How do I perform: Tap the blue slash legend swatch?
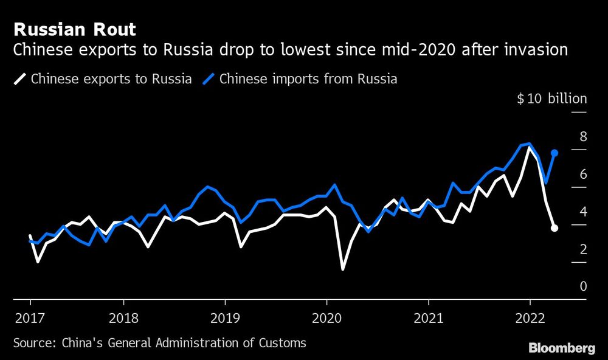pyautogui.click(x=210, y=78)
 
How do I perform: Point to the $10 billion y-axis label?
pyautogui.click(x=551, y=99)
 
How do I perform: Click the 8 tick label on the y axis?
pyautogui.click(x=583, y=136)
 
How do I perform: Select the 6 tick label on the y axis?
pyautogui.click(x=583, y=174)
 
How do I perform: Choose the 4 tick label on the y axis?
pyautogui.click(x=583, y=212)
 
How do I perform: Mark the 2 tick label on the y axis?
pyautogui.click(x=583, y=249)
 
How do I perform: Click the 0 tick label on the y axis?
pyautogui.click(x=583, y=286)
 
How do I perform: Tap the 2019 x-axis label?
pyautogui.click(x=225, y=317)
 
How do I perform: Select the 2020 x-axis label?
pyautogui.click(x=326, y=317)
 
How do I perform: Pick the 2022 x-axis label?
pyautogui.click(x=530, y=317)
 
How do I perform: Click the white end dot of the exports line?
pyautogui.click(x=554, y=228)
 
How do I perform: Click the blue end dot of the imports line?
pyautogui.click(x=554, y=153)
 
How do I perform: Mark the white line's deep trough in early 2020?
pyautogui.click(x=343, y=269)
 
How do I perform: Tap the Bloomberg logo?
pyautogui.click(x=561, y=348)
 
